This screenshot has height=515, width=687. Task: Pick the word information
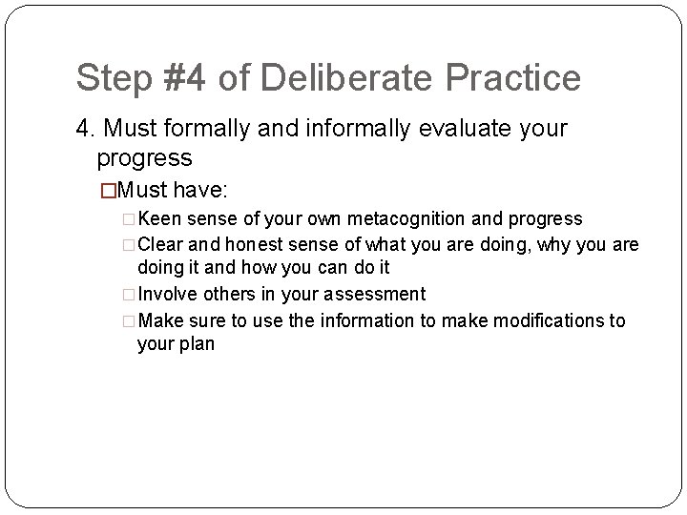click(x=365, y=320)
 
